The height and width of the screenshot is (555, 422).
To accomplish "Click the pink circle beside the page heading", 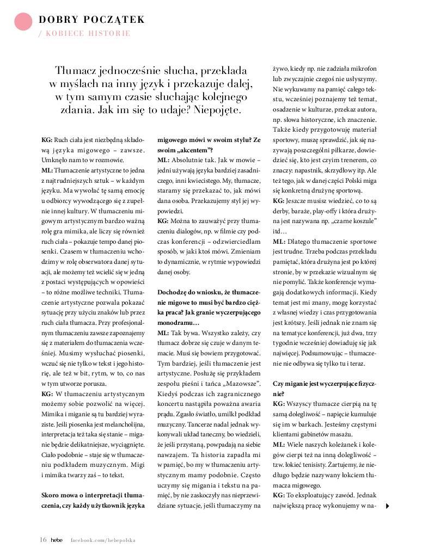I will tap(22, 21).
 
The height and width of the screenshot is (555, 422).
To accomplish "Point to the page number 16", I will tap(43, 540).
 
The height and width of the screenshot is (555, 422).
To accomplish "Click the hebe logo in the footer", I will tap(57, 540).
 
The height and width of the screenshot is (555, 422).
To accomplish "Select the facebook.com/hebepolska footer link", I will tap(103, 540).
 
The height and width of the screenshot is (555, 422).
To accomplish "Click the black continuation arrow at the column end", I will tap(387, 505).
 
